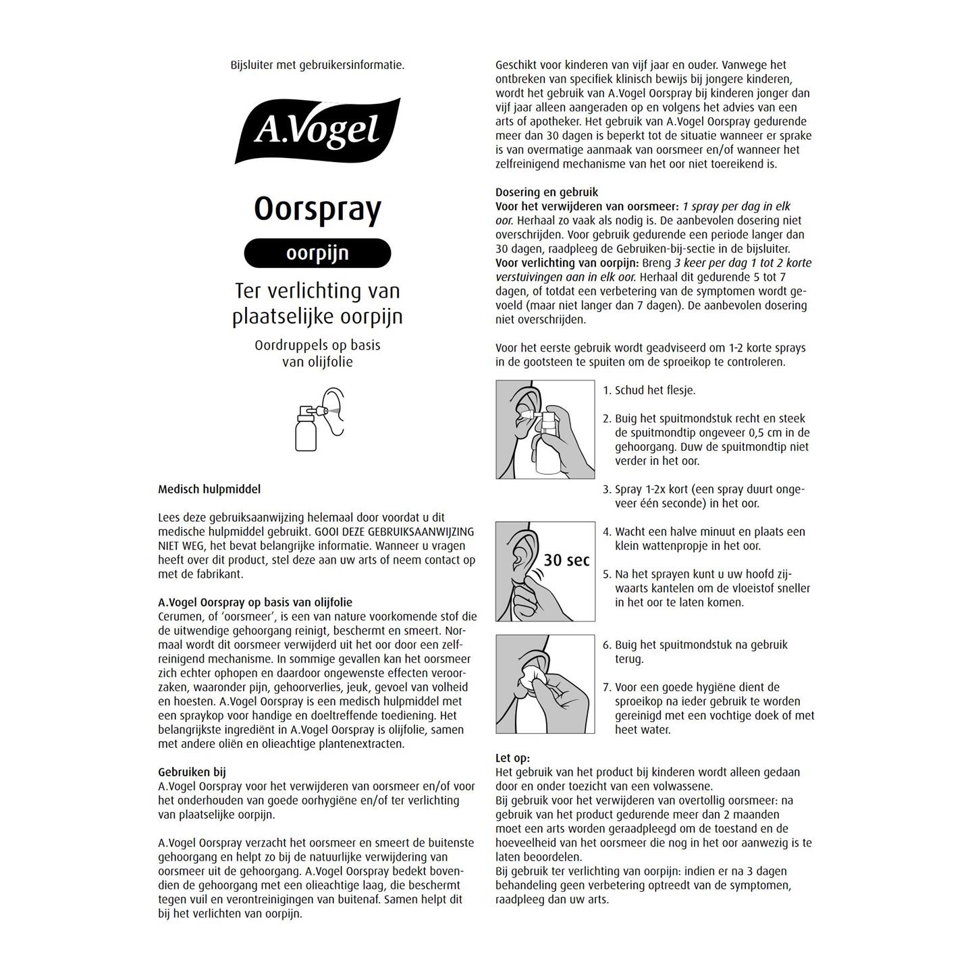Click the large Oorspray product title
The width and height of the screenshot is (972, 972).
[317, 210]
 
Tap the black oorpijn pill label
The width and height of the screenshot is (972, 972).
[317, 253]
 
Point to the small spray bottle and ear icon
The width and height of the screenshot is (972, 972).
[320, 419]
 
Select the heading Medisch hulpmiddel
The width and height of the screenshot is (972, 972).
[209, 489]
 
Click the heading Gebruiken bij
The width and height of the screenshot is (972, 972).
[192, 772]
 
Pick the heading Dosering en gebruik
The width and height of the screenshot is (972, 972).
[547, 192]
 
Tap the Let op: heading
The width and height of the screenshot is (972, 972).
[512, 758]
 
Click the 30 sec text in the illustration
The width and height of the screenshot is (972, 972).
[566, 560]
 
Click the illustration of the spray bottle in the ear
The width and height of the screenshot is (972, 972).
[545, 429]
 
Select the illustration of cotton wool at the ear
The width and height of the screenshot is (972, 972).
[545, 684]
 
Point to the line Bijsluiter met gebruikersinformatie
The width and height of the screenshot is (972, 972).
[317, 65]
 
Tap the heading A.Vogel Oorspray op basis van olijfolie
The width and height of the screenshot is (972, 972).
[255, 602]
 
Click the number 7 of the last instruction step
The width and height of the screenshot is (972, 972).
[606, 687]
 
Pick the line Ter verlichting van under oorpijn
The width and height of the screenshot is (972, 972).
[317, 291]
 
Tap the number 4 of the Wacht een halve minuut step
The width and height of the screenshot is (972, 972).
[606, 532]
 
